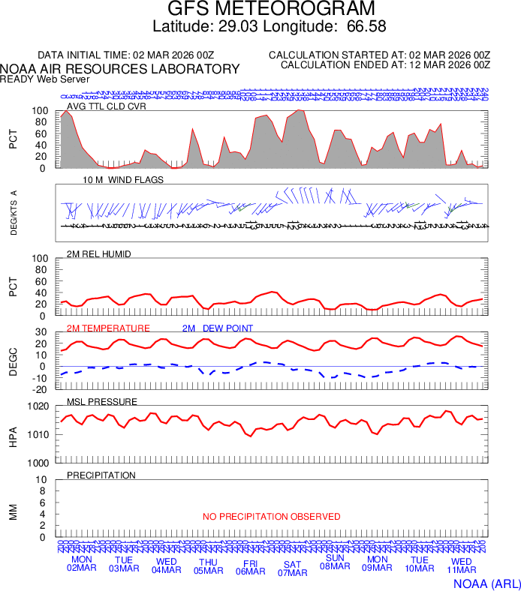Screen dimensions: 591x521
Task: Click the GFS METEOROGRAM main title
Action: (270, 9)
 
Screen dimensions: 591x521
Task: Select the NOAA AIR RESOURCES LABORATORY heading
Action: (120, 69)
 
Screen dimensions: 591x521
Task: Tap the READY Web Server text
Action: (45, 79)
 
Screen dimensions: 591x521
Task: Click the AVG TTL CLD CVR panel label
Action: (107, 106)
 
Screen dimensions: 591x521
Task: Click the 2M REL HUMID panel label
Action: (99, 254)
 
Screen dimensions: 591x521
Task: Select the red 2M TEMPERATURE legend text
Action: (108, 328)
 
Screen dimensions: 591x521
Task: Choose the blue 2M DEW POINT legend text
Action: (218, 328)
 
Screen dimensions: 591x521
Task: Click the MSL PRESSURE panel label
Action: (102, 402)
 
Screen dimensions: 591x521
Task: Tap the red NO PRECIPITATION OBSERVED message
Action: (271, 517)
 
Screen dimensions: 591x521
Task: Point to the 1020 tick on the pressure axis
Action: (38, 406)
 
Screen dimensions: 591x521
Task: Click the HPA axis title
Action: (13, 435)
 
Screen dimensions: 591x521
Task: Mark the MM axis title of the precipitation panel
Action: (13, 512)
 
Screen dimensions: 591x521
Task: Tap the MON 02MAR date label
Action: (82, 564)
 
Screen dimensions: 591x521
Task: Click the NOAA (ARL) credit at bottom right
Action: (486, 583)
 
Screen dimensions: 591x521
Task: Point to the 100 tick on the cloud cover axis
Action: (41, 111)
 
